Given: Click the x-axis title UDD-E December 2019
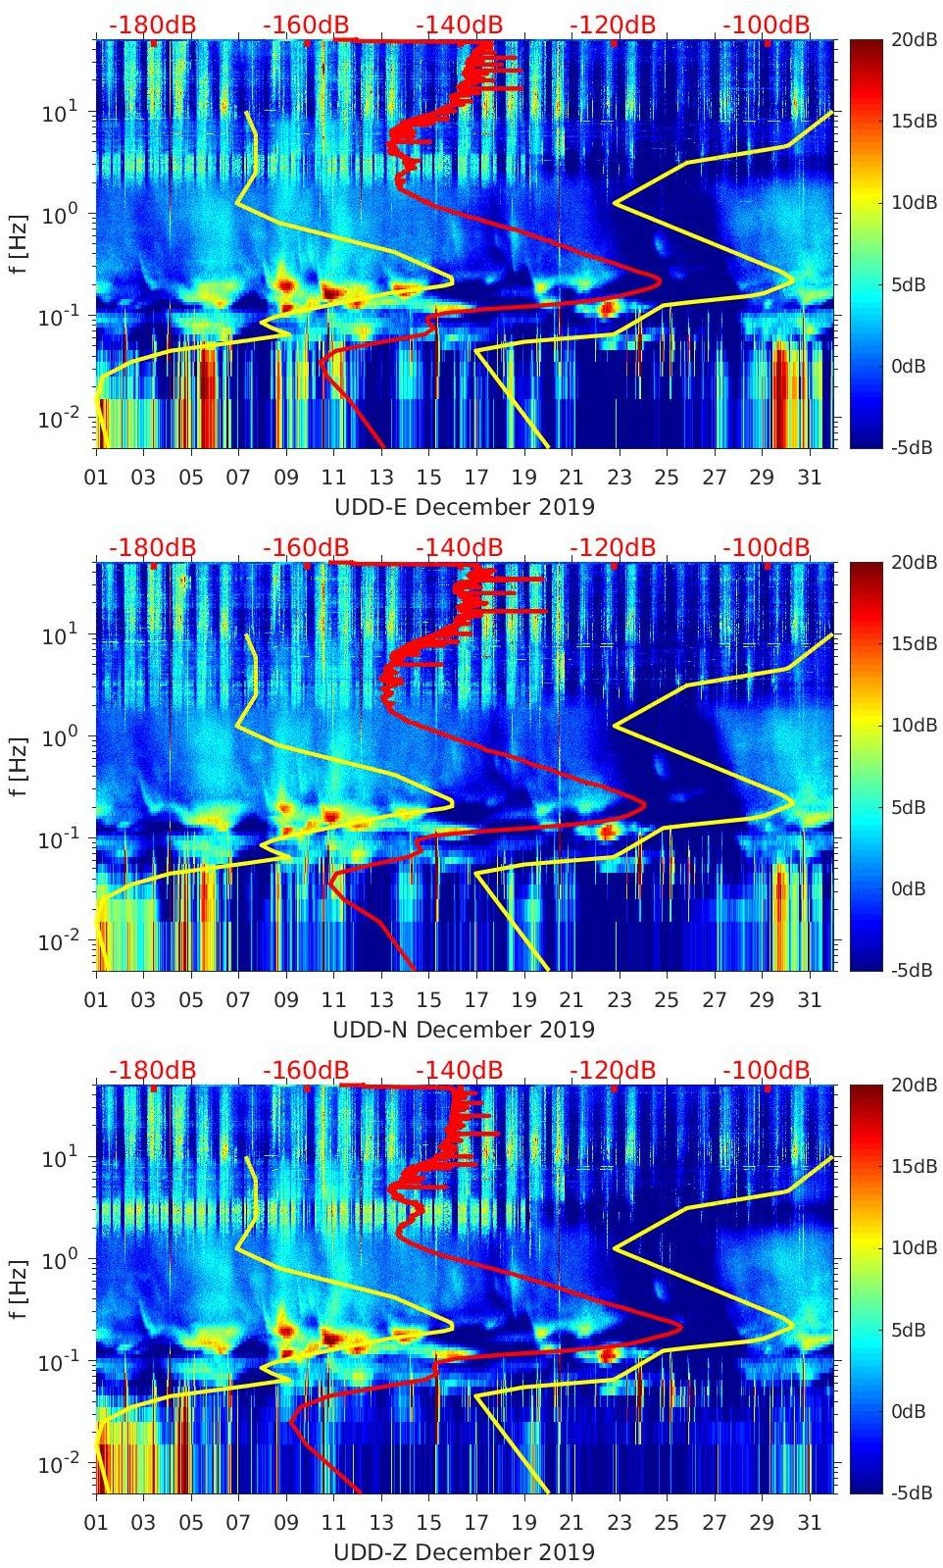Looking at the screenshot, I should [464, 507].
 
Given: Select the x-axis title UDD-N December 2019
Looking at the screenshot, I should [464, 1030].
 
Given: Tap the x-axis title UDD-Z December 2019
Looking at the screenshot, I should [464, 1552].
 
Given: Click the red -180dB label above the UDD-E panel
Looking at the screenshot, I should [152, 25].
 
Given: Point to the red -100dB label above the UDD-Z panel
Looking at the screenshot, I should [767, 1071].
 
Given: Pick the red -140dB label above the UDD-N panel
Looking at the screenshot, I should [459, 548].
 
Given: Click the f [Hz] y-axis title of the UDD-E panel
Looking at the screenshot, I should [19, 243].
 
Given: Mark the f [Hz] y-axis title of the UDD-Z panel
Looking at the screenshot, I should [19, 1289].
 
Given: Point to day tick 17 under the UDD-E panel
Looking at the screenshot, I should [476, 478].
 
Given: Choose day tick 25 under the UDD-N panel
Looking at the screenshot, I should [667, 1000].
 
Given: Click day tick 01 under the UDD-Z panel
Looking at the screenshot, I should [96, 1523].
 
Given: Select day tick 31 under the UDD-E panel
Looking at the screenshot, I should [809, 478].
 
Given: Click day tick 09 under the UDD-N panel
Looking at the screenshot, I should [286, 1000].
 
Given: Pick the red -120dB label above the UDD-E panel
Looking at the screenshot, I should [613, 25].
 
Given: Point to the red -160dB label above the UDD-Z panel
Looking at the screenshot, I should [306, 1071].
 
